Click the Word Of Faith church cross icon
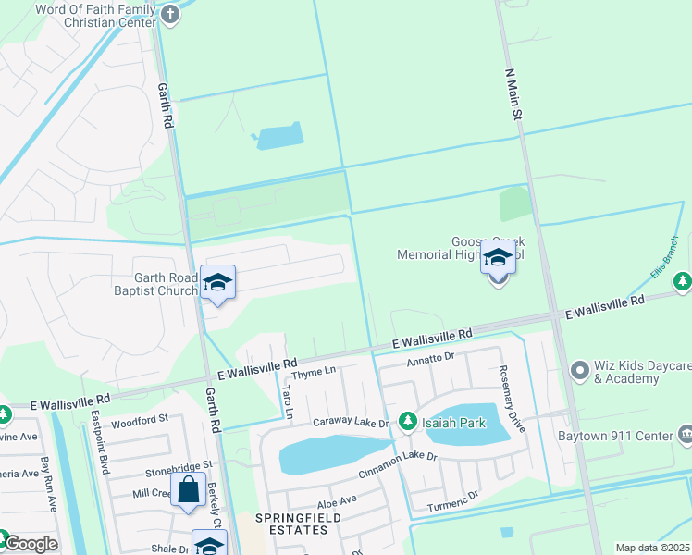point(169,14)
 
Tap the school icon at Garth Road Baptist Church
point(217,283)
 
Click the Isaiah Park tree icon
point(407,422)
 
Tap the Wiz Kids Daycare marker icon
point(580,371)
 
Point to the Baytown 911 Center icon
point(686,434)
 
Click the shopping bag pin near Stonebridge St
point(188,490)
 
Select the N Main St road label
point(513,92)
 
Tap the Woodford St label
point(139,422)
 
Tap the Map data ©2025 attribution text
point(652,548)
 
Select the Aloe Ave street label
point(337,500)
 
